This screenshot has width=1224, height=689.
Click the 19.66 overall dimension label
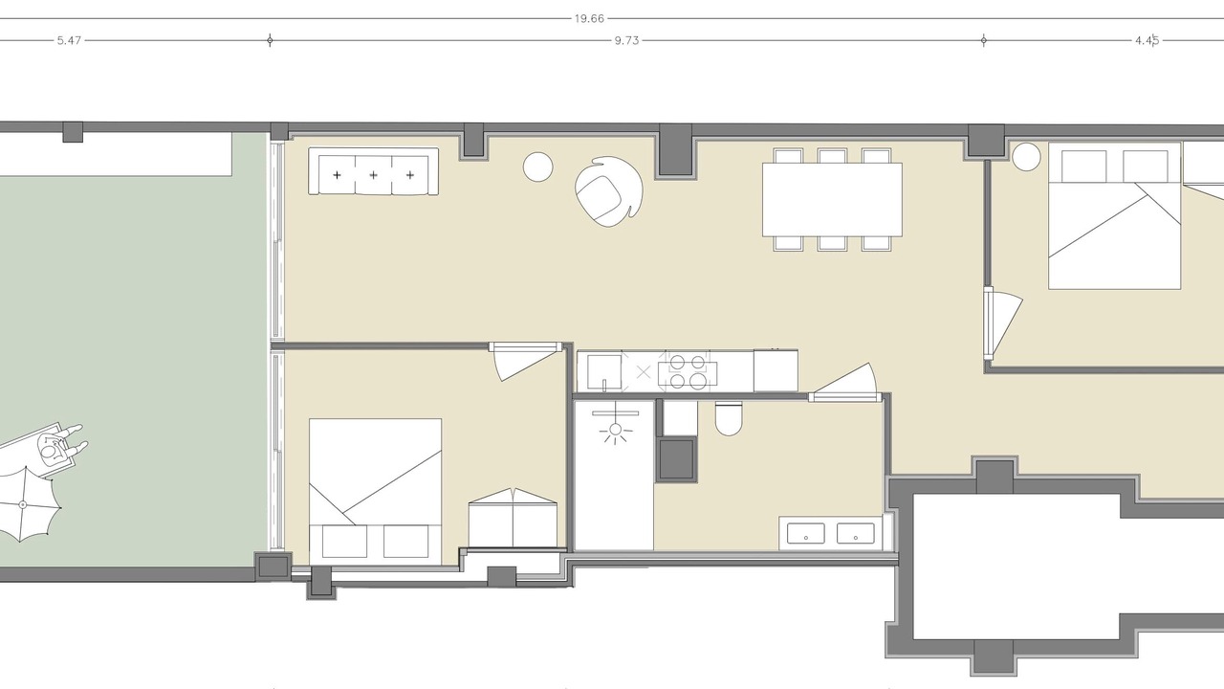[589, 18]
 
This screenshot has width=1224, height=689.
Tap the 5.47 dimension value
[70, 40]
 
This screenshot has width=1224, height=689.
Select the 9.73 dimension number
[626, 40]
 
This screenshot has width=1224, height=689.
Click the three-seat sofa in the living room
[373, 170]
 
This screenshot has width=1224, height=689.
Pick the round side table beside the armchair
[537, 167]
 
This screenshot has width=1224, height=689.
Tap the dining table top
[832, 200]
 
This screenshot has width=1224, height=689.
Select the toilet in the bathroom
[729, 419]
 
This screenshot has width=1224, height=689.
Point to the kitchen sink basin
[604, 372]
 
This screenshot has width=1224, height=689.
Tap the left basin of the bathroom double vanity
[805, 533]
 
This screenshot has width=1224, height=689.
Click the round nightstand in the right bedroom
[1026, 157]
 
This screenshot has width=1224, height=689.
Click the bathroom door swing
[844, 381]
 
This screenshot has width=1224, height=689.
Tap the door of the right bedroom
[1003, 322]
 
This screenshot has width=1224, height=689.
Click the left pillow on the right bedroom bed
[1084, 167]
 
